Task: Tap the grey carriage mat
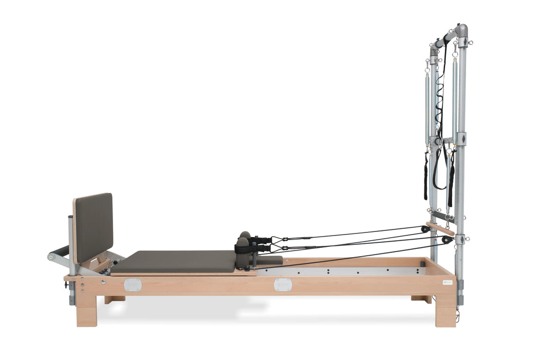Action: (x=174, y=261)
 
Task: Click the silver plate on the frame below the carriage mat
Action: (x=133, y=285)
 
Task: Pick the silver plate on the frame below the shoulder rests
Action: (x=283, y=284)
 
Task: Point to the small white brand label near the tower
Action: (x=447, y=282)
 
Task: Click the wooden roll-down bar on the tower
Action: (x=440, y=228)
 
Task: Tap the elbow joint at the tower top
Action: (x=461, y=29)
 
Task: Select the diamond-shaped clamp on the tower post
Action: (x=461, y=139)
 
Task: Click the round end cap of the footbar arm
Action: (x=51, y=257)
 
